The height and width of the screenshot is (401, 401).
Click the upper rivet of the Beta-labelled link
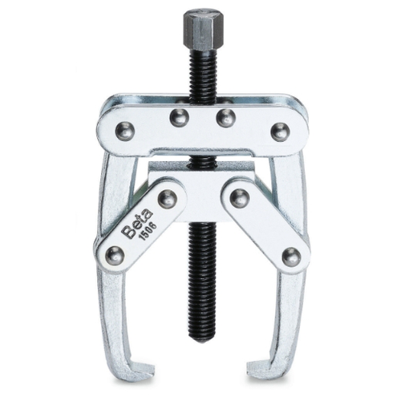[167, 199]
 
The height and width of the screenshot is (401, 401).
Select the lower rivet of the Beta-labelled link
[115, 255]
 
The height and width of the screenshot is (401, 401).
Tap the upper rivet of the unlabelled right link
[239, 198]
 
